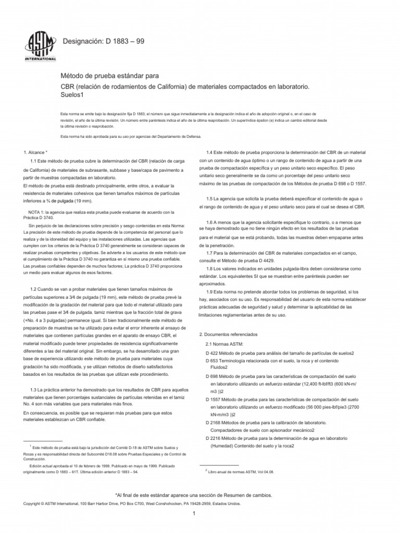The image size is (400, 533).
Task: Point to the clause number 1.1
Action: (x=36, y=162)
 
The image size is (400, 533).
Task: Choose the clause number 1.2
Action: (x=35, y=288)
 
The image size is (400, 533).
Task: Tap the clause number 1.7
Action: (x=211, y=252)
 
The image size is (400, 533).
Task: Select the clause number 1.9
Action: (x=211, y=292)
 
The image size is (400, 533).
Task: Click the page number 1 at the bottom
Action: (x=193, y=514)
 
